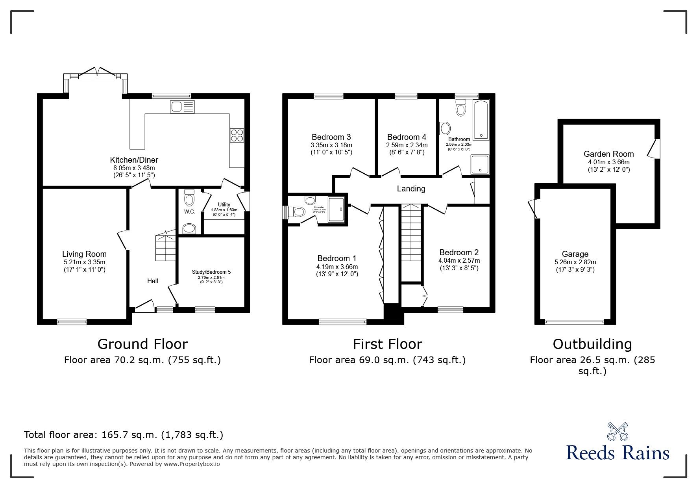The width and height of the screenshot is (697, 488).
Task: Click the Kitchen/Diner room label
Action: [x=134, y=160]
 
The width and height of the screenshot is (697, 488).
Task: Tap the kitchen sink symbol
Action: [x=182, y=107]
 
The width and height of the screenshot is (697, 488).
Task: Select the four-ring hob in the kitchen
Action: [x=237, y=135]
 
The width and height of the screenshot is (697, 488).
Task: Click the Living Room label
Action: [x=84, y=254]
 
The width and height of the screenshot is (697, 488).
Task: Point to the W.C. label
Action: [x=189, y=212]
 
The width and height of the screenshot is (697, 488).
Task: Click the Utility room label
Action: [x=224, y=204]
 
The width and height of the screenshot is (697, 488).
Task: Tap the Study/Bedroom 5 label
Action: [x=211, y=272]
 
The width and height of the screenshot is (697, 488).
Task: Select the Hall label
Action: [x=153, y=281]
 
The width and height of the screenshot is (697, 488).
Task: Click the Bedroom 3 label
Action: [x=331, y=137]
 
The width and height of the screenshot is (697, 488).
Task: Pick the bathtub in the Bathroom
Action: [x=481, y=120]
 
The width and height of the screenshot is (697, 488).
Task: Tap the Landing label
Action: [x=411, y=189]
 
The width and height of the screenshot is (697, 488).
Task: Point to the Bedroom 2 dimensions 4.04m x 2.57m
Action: [x=459, y=261]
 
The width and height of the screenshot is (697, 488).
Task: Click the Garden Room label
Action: [x=608, y=154]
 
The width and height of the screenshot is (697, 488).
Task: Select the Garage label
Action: [x=575, y=254]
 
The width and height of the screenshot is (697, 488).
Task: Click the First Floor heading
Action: [x=387, y=344]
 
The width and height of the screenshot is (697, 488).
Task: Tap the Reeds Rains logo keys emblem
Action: [x=617, y=431]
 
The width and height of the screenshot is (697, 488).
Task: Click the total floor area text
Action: [x=124, y=435]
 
